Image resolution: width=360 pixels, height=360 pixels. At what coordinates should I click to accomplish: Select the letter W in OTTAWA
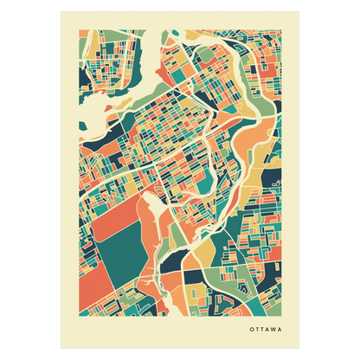point(273,330)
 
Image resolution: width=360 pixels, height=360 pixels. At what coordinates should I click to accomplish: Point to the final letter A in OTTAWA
point(280,330)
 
